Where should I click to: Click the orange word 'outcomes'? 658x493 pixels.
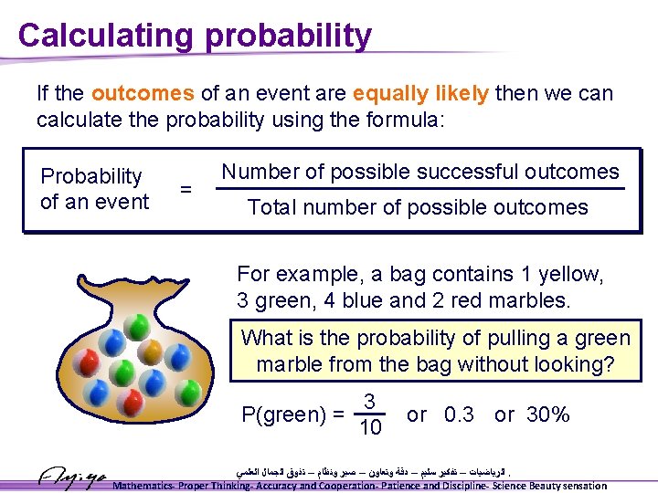143,93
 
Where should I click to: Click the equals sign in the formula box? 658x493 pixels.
186,189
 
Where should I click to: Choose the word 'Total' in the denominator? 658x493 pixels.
271,207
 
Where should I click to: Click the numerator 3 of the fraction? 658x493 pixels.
369,402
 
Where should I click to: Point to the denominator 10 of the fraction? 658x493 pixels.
370,427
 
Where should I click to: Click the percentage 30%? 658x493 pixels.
548,414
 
